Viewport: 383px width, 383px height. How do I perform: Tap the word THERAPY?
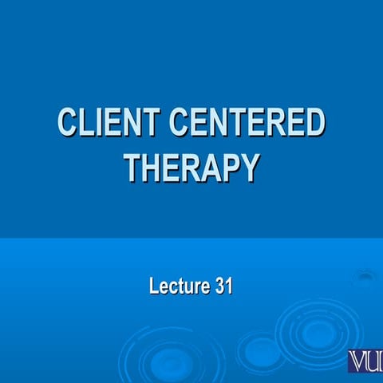pyautogui.click(x=191, y=167)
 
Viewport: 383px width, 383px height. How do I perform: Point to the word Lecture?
pyautogui.click(x=178, y=286)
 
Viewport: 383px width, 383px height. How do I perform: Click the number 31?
pyautogui.click(x=223, y=286)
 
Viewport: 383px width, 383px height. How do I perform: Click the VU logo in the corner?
pyautogui.click(x=365, y=361)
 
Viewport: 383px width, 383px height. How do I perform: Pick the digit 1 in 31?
pyautogui.click(x=228, y=286)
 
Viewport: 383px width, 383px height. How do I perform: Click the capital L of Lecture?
pyautogui.click(x=153, y=286)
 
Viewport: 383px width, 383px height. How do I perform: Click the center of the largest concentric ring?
pyautogui.click(x=315, y=329)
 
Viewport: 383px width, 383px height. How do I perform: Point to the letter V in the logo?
pyautogui.click(x=357, y=361)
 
